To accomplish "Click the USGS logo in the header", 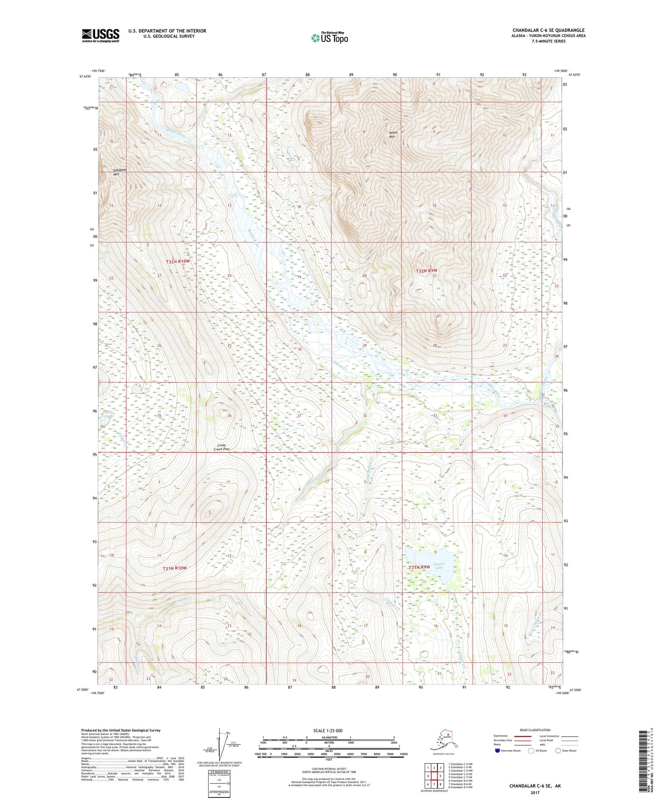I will pos(100,35).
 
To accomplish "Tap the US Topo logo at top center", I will pos(329,37).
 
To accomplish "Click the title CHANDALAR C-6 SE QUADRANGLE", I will pos(548,30).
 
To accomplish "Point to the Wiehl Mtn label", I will pos(392,135).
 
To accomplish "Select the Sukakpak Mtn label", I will pos(119,172).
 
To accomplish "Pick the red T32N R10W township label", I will pos(177,261).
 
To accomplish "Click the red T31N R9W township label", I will pos(420,567).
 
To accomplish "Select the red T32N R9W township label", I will pos(426,271).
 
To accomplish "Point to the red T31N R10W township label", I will pos(175,568).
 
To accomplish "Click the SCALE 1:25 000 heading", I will pos(328,730).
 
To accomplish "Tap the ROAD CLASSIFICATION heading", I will pos(535,730).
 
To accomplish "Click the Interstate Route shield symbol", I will pos(497,751).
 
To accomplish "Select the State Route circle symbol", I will pos(558,751).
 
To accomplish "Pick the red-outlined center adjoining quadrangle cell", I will pos(434,776).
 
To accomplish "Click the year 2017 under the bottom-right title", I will pos(534,792).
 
